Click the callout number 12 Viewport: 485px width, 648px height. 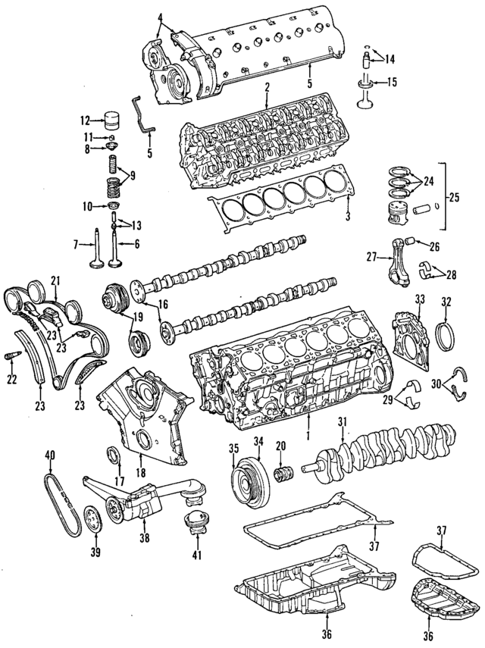tap(85, 120)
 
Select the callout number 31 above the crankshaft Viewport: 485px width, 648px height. tap(342, 422)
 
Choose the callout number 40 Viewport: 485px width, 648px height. tap(50, 455)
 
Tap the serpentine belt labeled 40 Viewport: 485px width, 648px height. tap(61, 504)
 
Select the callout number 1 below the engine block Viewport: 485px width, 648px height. tap(307, 437)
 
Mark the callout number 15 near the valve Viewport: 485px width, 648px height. tap(392, 82)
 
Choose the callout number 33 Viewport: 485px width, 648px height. tap(420, 302)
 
